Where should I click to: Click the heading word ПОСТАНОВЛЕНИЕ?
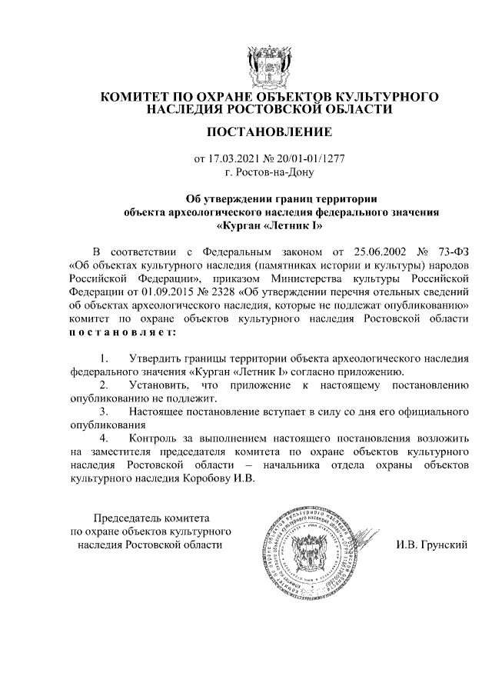(269, 132)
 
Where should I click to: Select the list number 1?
(105, 358)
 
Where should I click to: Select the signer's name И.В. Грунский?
(432, 544)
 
